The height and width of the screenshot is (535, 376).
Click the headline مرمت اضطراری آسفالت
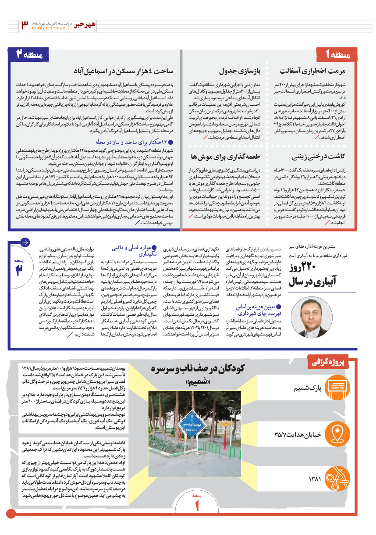[x=319, y=70]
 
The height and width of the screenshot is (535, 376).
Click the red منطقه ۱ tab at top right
[x=338, y=54]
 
